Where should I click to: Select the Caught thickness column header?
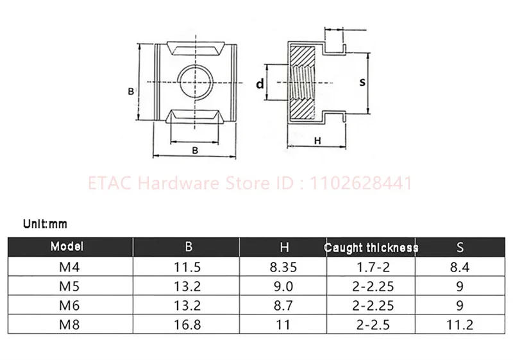tap(371, 247)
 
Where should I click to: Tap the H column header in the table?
tap(283, 246)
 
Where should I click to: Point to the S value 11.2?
tap(460, 325)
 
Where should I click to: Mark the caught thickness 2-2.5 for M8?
tap(371, 325)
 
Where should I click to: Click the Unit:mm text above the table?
tap(45, 224)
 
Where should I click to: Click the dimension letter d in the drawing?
tap(260, 83)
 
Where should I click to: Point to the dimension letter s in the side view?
tap(362, 83)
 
